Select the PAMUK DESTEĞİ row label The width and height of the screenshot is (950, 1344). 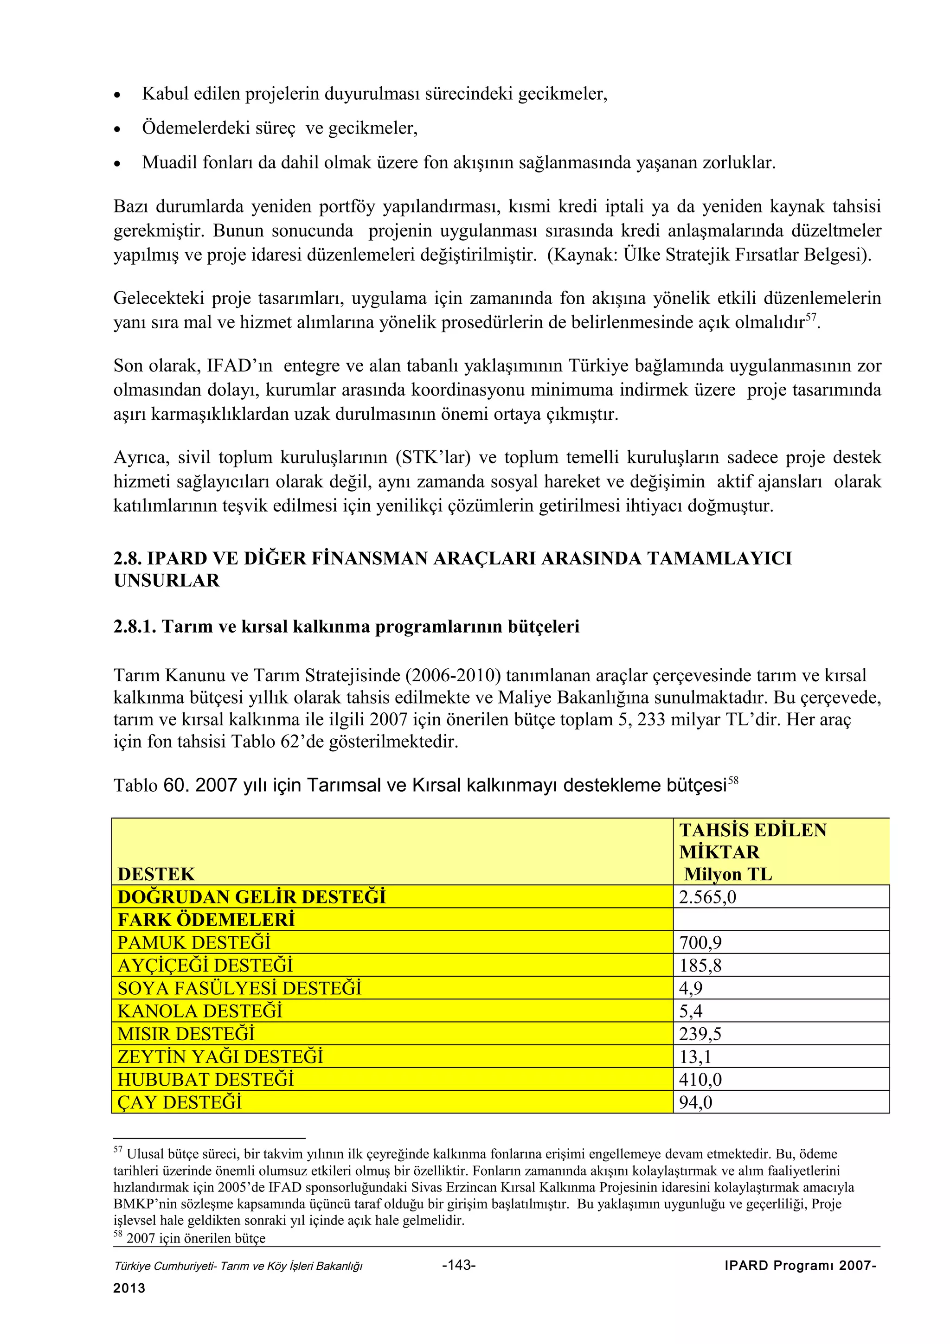(194, 942)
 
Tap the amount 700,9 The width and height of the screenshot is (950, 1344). (700, 942)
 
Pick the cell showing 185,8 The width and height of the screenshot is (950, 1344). (700, 965)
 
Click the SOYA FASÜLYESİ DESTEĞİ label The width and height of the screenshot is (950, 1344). (239, 988)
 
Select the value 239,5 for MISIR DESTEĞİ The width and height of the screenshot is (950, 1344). (700, 1034)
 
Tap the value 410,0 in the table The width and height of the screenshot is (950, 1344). (700, 1079)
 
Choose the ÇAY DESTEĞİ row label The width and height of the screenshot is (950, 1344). (179, 1102)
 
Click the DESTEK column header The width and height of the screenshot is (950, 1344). (156, 874)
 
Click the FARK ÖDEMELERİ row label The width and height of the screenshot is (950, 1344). (206, 920)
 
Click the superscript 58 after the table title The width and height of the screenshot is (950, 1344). (733, 781)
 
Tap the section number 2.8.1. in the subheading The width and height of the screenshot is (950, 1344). (135, 627)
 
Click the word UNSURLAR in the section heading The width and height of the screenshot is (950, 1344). (167, 581)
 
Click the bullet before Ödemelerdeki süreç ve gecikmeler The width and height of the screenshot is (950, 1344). (118, 129)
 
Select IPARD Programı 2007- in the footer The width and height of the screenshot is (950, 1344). (800, 1266)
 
